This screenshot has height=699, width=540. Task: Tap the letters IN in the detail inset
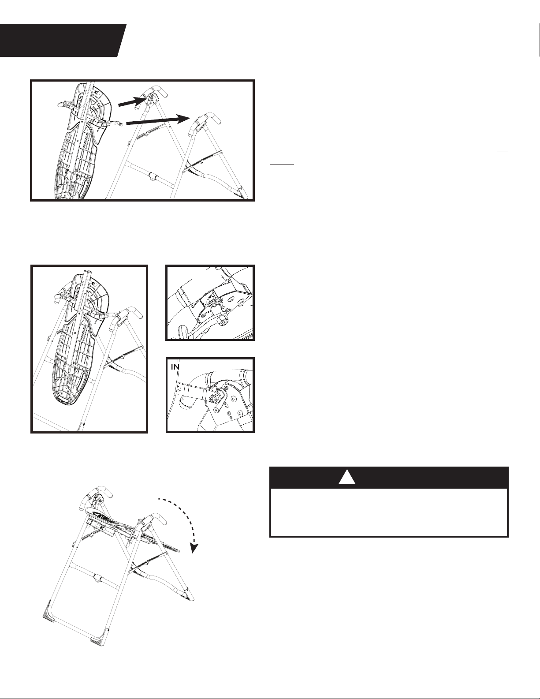point(175,367)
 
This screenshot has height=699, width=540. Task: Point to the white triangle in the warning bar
point(347,477)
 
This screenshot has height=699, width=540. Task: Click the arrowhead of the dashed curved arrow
point(194,547)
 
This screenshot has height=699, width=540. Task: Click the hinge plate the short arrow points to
point(153,98)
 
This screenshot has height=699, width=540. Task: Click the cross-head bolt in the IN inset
point(213,398)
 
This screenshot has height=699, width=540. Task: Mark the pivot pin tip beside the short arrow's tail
point(121,123)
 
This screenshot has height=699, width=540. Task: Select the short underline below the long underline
point(282,164)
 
